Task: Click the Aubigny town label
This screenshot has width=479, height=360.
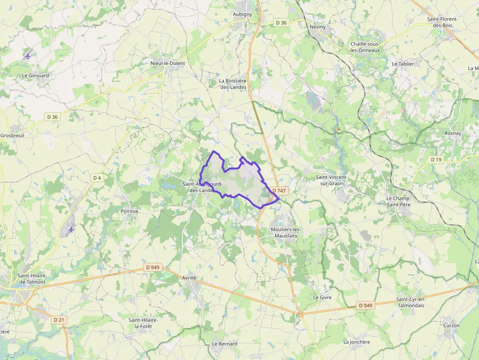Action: (243, 14)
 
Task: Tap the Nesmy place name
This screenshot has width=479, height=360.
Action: (318, 27)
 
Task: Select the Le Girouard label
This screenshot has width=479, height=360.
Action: (36, 76)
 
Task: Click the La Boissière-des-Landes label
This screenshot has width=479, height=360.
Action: (233, 84)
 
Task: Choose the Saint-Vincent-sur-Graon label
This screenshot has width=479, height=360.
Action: (331, 180)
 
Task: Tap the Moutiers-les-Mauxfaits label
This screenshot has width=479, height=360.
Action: (287, 232)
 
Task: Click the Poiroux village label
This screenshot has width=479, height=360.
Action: (130, 211)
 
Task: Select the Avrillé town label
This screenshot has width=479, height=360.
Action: (189, 277)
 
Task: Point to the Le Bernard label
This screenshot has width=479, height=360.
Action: (224, 344)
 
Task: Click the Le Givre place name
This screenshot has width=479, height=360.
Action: (322, 297)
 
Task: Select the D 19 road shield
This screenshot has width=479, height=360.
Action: (436, 160)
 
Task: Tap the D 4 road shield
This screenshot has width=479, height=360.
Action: (97, 178)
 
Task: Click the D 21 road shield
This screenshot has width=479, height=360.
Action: (59, 319)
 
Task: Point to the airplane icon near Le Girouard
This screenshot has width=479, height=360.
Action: (27, 56)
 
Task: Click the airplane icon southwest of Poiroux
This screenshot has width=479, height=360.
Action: (71, 229)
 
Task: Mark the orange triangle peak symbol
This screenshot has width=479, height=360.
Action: (338, 129)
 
